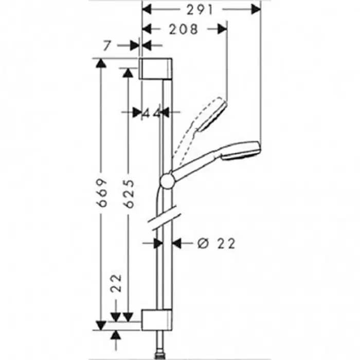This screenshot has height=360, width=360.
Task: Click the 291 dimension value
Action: pyautogui.click(x=200, y=10)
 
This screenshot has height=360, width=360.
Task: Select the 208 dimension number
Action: pyautogui.click(x=183, y=29)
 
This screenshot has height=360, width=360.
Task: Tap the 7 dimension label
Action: pyautogui.click(x=107, y=46)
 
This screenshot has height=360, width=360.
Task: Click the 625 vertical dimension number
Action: pyautogui.click(x=129, y=193)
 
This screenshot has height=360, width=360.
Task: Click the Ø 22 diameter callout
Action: pyautogui.click(x=217, y=243)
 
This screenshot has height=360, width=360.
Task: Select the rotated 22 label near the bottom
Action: pyautogui.click(x=116, y=283)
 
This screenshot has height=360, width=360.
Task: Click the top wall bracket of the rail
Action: pyautogui.click(x=156, y=68)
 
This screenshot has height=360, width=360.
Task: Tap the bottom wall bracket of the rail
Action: pyautogui.click(x=156, y=320)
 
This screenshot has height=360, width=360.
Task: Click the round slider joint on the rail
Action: pyautogui.click(x=168, y=181)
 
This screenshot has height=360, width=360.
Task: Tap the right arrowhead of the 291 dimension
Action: pyautogui.click(x=256, y=9)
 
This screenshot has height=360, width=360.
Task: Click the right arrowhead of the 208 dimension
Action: pyautogui.click(x=222, y=29)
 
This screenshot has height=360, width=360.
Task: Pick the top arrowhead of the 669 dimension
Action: pyautogui.click(x=101, y=63)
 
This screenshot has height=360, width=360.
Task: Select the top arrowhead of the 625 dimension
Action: pyautogui.click(x=128, y=73)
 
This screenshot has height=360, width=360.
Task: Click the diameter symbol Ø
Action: pyautogui.click(x=203, y=243)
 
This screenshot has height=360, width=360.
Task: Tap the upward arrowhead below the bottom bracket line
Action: pyautogui.click(x=116, y=335)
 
